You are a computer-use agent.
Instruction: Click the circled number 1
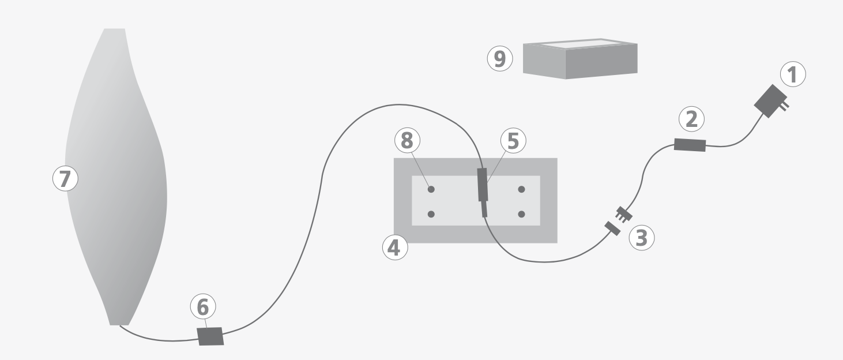[x=793, y=76]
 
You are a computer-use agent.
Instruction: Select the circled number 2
[x=691, y=119]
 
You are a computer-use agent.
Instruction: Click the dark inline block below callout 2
[x=690, y=145]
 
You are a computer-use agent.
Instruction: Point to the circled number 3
[x=641, y=238]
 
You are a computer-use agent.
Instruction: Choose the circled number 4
[x=395, y=247]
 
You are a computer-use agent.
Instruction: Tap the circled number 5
[x=513, y=141]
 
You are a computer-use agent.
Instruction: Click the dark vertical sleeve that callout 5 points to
[x=483, y=185]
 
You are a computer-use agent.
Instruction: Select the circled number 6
[x=203, y=307]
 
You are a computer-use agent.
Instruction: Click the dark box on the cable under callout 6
[x=210, y=336]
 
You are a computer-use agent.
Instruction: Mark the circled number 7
[x=65, y=179]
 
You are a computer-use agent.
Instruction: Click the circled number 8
[x=408, y=140]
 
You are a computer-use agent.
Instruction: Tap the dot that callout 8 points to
[x=431, y=189]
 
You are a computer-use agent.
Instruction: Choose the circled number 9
[x=500, y=59]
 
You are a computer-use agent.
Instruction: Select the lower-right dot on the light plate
[x=521, y=214]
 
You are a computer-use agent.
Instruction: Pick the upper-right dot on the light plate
[x=521, y=189]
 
